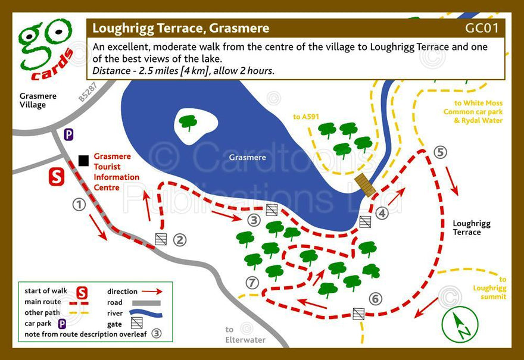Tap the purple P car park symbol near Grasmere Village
click(69, 134)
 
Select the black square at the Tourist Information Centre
click(83, 161)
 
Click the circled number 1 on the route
click(79, 205)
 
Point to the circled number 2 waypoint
click(180, 240)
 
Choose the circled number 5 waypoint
click(440, 152)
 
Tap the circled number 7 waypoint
click(253, 282)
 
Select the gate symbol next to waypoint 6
click(358, 314)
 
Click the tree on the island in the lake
click(188, 123)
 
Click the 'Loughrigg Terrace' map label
click(472, 228)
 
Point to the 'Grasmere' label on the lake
click(247, 158)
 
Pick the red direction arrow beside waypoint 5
click(452, 181)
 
